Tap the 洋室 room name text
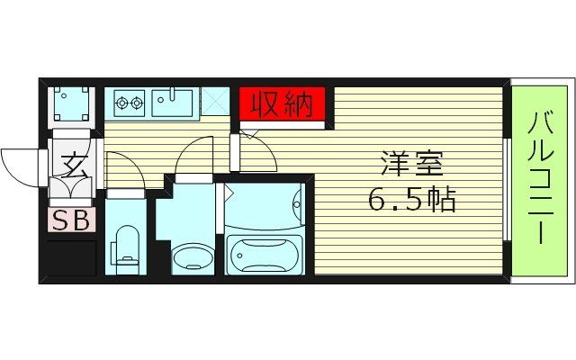412,165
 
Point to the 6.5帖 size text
412,199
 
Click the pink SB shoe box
70,220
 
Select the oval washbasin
192,257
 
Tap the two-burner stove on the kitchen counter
128,102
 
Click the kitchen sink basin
173,102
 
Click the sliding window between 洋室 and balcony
507,180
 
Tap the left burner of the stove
121,102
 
